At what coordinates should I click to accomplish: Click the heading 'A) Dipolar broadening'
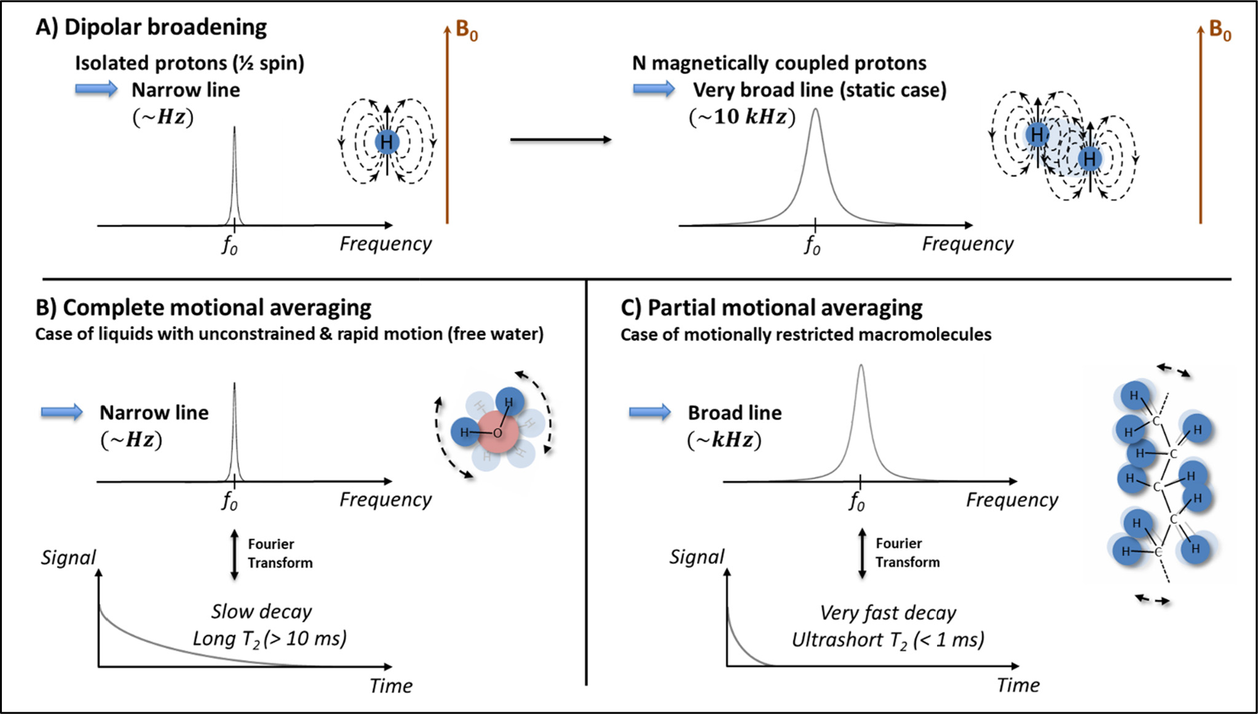(151, 28)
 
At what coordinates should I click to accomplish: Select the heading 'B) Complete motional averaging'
(204, 307)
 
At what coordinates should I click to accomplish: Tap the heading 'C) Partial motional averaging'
(771, 307)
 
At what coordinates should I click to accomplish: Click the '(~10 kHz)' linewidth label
(742, 116)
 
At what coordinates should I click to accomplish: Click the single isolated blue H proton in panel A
(387, 142)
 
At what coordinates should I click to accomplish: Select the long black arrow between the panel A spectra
(560, 140)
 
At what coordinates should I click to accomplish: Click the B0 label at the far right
(1220, 30)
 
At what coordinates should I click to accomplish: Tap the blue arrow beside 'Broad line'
(650, 412)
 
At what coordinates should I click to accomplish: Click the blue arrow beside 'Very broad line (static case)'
(654, 90)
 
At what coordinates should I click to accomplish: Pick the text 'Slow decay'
(261, 611)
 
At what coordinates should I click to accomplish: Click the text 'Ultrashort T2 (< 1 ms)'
(888, 640)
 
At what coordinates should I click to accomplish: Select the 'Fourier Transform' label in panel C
(908, 553)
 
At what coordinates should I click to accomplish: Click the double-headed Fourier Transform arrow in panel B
(234, 554)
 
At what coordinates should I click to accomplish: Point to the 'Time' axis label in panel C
(1018, 685)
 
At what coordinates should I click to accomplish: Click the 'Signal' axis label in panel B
(68, 557)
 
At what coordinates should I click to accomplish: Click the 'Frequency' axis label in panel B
(386, 499)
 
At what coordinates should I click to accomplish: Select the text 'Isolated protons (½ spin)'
(189, 63)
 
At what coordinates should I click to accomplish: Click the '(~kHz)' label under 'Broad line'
(724, 440)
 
